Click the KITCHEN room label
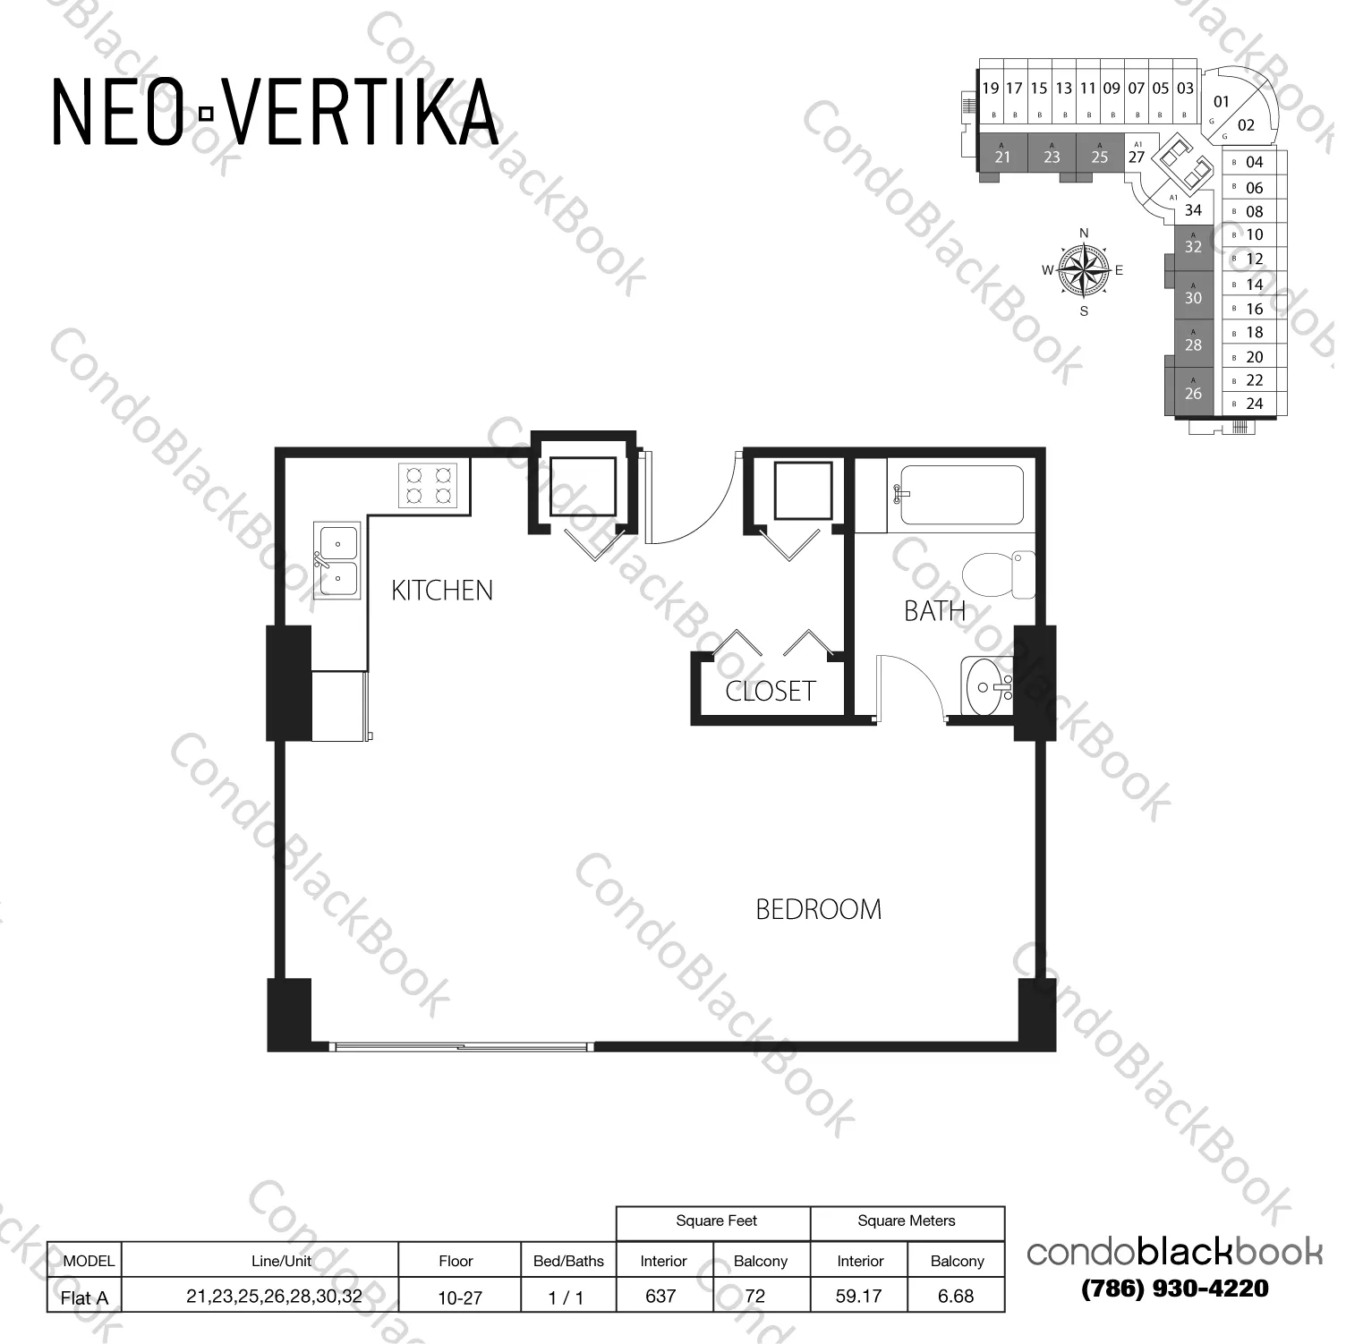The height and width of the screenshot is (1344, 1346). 442,591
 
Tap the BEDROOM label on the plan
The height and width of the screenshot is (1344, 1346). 818,909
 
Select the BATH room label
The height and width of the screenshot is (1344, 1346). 934,611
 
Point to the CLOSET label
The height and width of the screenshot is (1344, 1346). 770,691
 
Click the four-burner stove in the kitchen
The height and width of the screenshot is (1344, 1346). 428,485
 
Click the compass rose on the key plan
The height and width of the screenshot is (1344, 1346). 1083,270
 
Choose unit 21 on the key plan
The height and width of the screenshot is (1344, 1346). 1002,157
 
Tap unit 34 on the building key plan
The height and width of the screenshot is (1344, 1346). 1193,210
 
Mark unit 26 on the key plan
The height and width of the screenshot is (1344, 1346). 1193,393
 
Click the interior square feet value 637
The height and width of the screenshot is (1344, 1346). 660,1296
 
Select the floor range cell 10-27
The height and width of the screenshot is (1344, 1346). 460,1297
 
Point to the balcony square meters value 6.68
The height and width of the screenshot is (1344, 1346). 956,1296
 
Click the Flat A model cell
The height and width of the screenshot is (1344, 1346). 84,1297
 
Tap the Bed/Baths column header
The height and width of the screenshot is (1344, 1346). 568,1261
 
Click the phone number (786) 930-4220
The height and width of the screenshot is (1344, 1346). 1175,1289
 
